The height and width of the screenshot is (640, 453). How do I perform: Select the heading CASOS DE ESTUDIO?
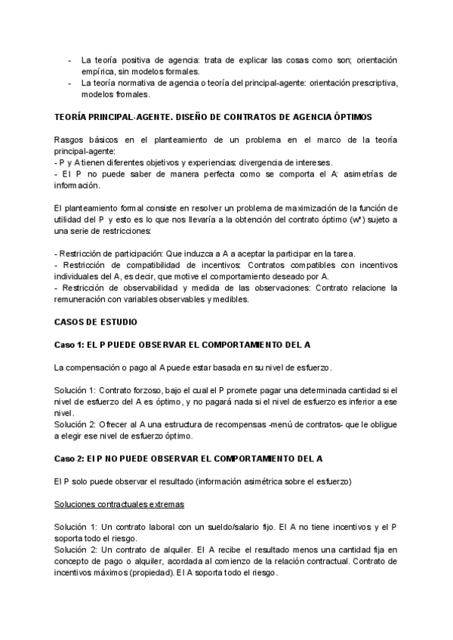coord(96,322)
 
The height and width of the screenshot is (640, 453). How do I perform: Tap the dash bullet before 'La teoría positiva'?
coord(69,60)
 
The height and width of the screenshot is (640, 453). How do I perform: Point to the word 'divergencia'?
coord(249,162)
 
